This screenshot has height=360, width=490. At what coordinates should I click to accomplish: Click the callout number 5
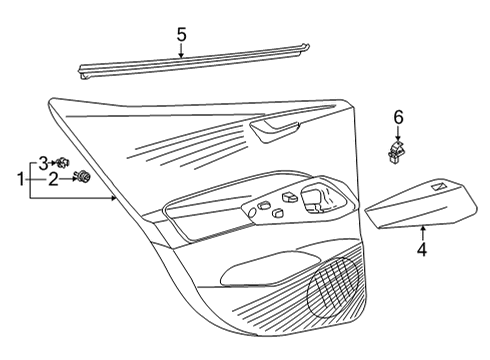click(181, 35)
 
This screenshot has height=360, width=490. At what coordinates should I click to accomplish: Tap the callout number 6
click(398, 118)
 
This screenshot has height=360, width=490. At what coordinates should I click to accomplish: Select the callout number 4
click(422, 250)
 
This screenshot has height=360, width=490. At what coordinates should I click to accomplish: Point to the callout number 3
click(43, 164)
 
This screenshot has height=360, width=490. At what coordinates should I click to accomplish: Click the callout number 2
click(53, 180)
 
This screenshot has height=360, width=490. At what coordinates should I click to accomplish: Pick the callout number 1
click(21, 180)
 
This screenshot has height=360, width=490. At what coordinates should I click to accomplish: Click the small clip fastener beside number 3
click(62, 163)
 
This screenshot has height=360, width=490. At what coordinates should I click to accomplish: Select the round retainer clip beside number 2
click(83, 176)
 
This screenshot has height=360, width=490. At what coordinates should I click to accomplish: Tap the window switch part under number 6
click(396, 152)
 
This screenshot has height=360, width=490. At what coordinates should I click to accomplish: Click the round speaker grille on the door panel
click(334, 287)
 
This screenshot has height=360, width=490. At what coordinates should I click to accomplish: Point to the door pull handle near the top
click(274, 131)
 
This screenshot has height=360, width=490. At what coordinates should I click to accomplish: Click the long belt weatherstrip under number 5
click(194, 62)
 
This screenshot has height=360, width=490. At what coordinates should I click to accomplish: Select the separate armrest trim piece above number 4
click(422, 204)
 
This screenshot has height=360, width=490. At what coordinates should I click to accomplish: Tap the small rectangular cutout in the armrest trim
click(441, 187)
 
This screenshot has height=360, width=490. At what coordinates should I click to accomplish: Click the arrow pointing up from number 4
click(423, 233)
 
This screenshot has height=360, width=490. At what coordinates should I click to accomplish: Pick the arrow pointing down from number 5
click(181, 51)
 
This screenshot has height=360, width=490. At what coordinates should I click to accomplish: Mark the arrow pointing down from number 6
click(397, 134)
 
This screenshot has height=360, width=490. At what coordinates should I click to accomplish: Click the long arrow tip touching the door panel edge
click(115, 198)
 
